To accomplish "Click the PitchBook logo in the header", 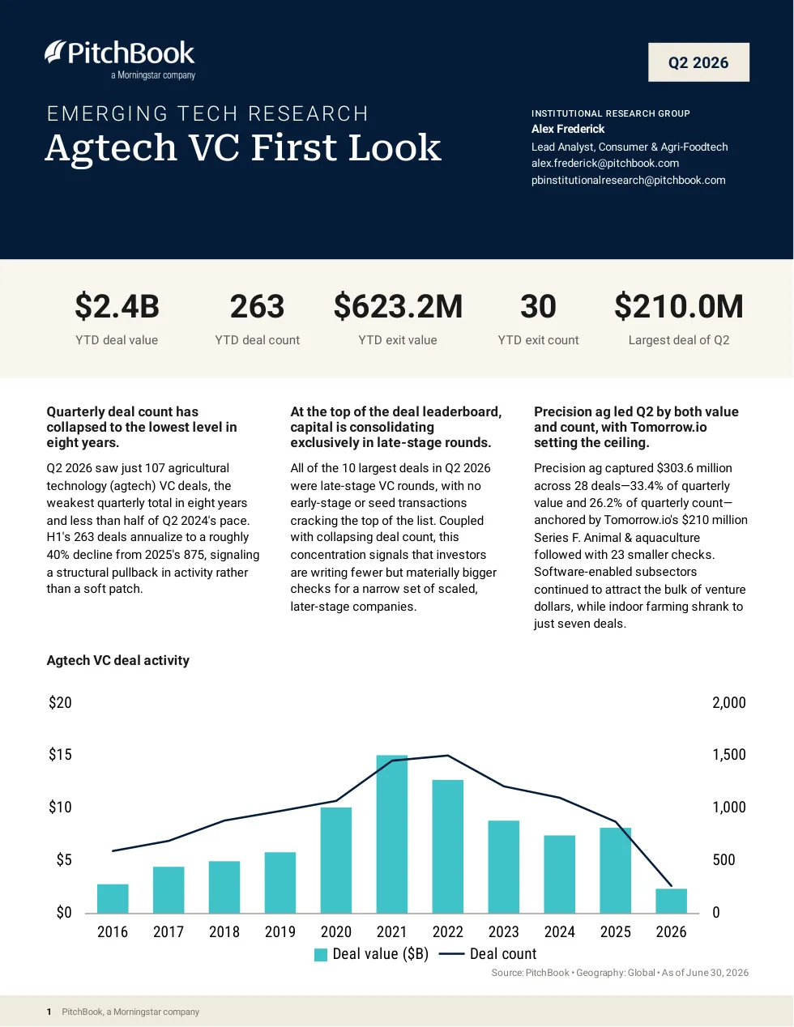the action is (x=120, y=60).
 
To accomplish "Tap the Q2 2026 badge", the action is (x=698, y=62).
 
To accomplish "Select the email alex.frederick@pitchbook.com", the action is (x=605, y=163).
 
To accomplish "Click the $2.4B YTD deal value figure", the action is (x=117, y=306).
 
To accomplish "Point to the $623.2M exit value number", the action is (x=398, y=306).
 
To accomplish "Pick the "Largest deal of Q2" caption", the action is (x=679, y=340).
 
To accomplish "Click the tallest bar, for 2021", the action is (x=392, y=834).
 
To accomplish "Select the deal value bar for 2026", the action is (x=671, y=901).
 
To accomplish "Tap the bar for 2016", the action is (x=113, y=898).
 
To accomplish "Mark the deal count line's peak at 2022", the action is (x=447, y=755).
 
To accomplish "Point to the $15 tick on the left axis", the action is (x=60, y=755).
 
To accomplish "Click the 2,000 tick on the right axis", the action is (x=729, y=703).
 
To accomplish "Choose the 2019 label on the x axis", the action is (x=280, y=931).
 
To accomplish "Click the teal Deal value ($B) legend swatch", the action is (x=321, y=955).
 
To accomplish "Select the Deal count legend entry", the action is (x=488, y=954).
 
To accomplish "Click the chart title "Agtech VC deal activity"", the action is (x=117, y=660).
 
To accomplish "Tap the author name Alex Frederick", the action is (x=568, y=129).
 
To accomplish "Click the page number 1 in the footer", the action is (x=49, y=1012).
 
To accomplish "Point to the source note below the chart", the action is (x=620, y=973).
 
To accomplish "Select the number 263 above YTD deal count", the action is (x=257, y=306).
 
